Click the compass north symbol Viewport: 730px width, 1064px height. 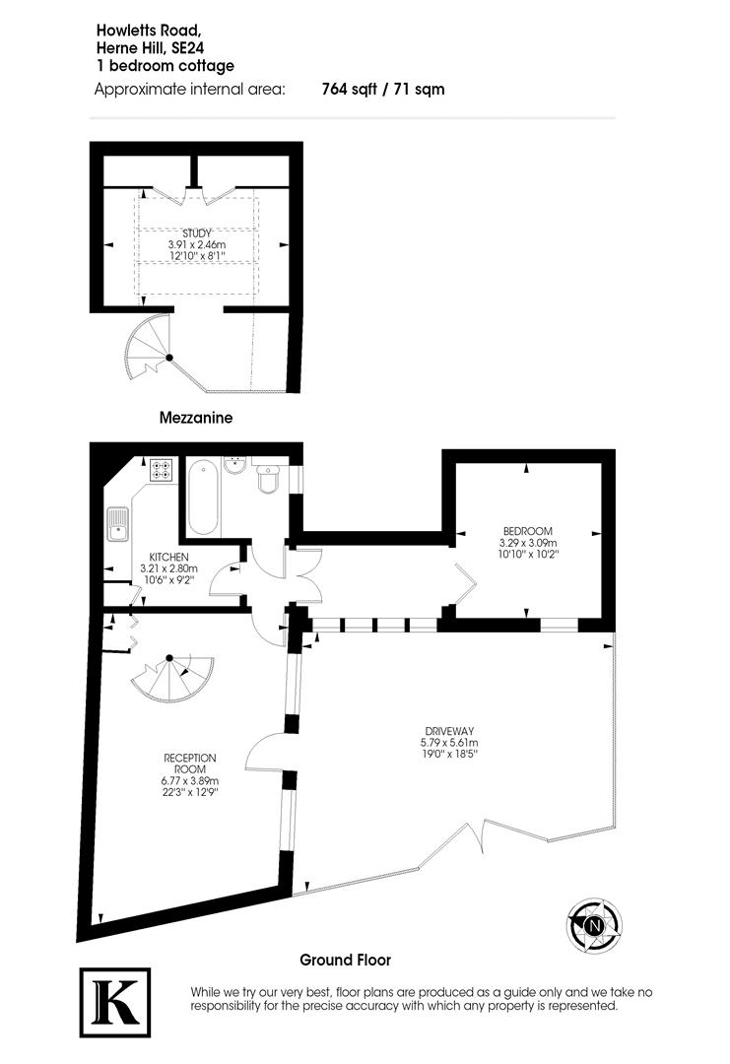click(594, 924)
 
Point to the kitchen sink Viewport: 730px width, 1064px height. click(117, 525)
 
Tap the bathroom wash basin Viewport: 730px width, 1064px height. click(235, 465)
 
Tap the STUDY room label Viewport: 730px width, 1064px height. click(196, 233)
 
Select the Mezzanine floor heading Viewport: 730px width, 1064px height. click(196, 418)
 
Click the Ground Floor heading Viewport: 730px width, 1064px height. click(345, 959)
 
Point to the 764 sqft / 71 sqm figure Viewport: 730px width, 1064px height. click(383, 90)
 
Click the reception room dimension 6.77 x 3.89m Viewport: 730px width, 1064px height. click(190, 780)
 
